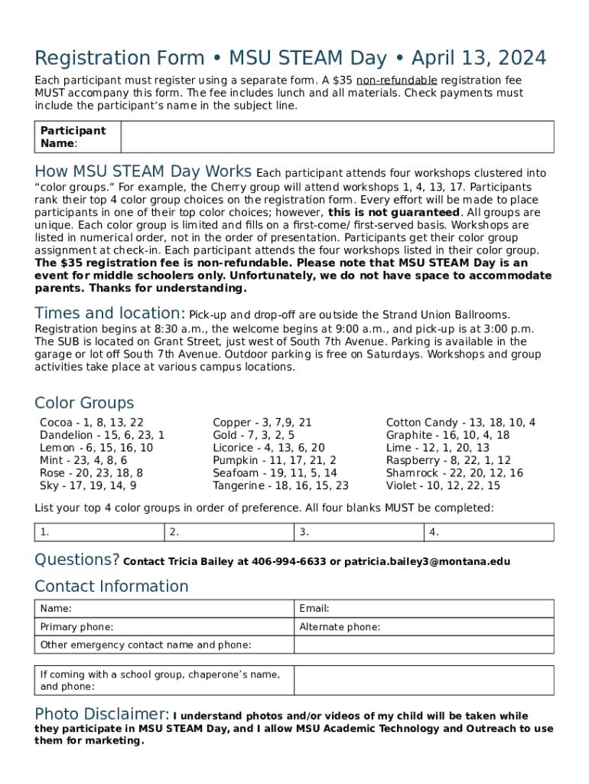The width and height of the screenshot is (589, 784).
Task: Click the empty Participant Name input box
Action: (x=337, y=137)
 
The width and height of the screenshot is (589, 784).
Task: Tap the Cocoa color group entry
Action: (x=91, y=423)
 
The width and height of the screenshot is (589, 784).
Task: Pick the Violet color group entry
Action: (x=443, y=486)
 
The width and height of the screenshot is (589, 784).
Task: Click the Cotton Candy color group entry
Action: (x=460, y=423)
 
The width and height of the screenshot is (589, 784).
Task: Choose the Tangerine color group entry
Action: (x=280, y=486)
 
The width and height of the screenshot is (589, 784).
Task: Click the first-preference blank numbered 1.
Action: (x=99, y=532)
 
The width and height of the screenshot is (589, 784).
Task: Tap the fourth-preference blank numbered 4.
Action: (x=489, y=532)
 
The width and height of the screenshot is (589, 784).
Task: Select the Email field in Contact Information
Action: (x=424, y=609)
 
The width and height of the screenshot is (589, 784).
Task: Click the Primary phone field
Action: (x=164, y=627)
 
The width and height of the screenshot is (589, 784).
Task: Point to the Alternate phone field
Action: (x=424, y=627)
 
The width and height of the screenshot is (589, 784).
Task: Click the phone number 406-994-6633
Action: (x=288, y=562)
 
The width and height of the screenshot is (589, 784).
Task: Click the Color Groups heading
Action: (x=84, y=403)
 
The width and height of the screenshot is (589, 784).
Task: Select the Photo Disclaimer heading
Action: (x=101, y=714)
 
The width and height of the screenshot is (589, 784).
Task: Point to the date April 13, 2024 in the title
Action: (x=479, y=58)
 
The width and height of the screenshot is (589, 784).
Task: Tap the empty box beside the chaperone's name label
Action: (x=424, y=680)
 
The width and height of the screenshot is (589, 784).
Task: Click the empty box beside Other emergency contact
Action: (x=424, y=645)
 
